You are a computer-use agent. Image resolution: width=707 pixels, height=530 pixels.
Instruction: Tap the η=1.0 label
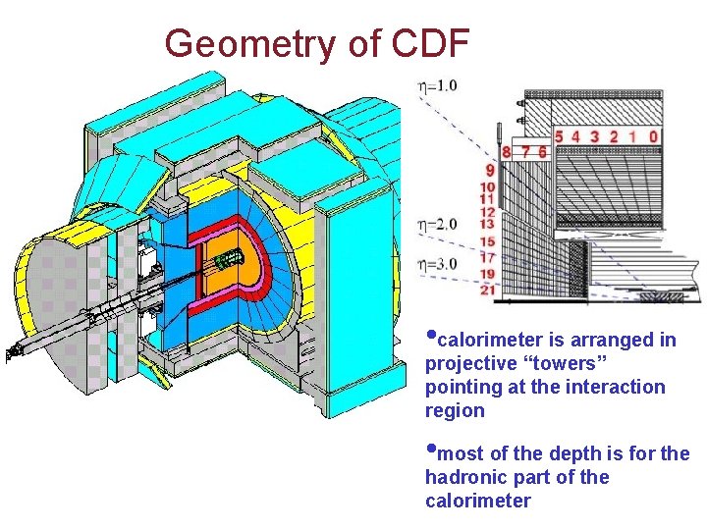(x=437, y=86)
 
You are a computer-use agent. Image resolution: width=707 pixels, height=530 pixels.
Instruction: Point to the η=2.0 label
(x=437, y=224)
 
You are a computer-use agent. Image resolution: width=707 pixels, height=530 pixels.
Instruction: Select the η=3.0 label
(x=437, y=263)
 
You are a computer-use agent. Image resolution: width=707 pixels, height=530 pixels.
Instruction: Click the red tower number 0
(x=653, y=136)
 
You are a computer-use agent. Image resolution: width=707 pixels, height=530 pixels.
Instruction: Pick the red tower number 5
(x=559, y=136)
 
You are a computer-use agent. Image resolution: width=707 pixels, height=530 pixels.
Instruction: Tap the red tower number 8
(x=506, y=152)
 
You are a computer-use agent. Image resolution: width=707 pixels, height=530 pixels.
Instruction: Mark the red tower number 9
(x=489, y=170)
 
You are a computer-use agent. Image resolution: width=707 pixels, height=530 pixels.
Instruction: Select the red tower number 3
(x=595, y=136)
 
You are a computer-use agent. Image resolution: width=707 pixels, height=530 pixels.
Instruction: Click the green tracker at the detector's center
(x=229, y=259)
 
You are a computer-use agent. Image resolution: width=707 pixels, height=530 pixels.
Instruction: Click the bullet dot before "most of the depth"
(x=430, y=450)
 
